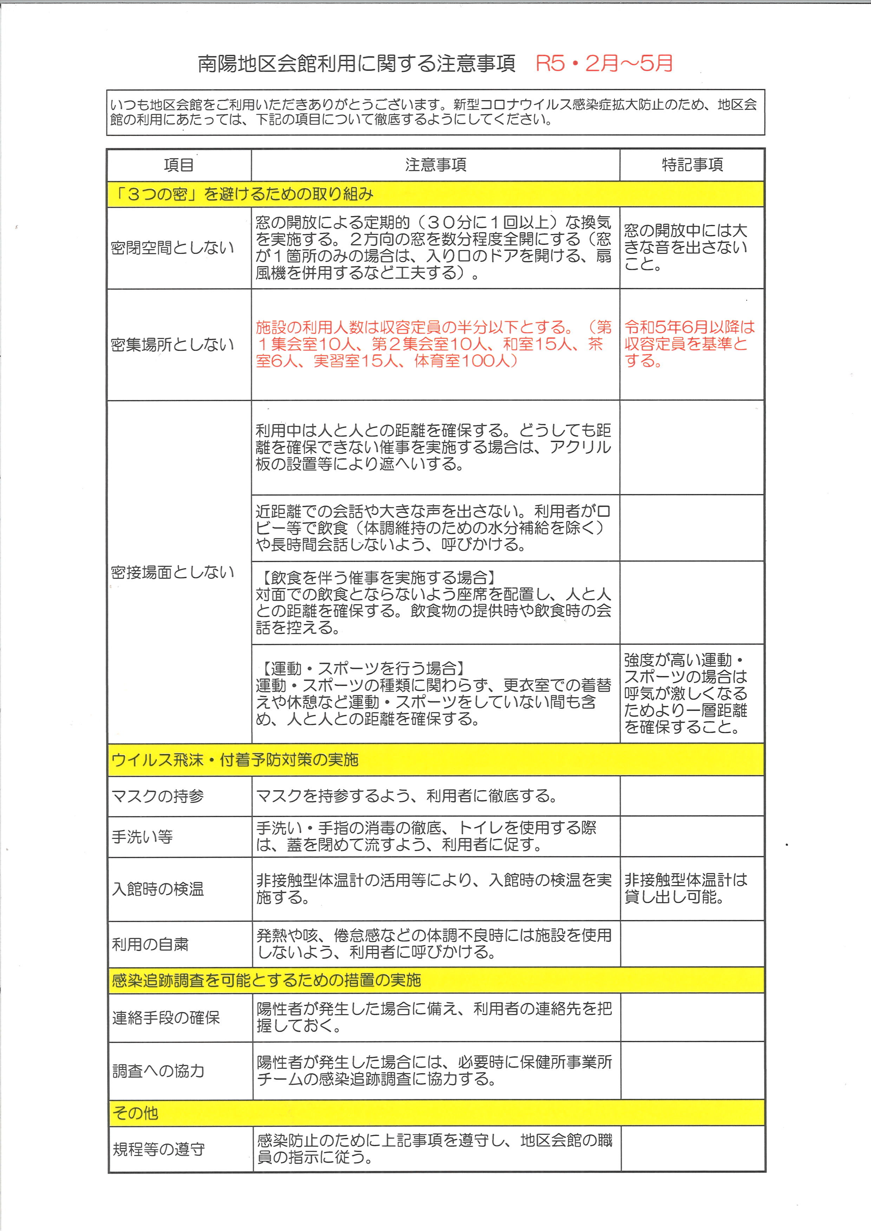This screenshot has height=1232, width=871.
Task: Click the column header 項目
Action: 179,165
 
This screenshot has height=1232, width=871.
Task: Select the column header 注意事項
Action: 435,165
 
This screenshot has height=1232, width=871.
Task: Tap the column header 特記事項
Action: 692,165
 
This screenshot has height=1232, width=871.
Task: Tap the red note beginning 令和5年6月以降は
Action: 689,344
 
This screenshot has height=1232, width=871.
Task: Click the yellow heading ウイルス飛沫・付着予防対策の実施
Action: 235,760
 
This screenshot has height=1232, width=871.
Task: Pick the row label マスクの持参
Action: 158,796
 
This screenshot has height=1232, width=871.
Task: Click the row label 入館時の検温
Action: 158,889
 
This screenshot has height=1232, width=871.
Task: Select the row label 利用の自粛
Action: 150,944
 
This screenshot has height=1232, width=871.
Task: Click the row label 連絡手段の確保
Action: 166,1018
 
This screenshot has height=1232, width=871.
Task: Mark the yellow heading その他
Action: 135,1113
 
